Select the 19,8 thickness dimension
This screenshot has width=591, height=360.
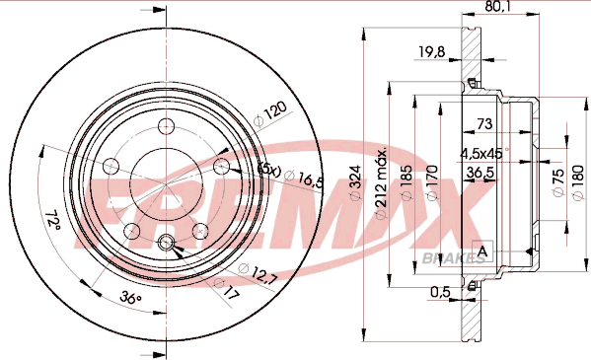(x=432, y=50)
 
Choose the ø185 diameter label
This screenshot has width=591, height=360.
(x=407, y=182)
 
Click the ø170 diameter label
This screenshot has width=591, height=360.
(x=432, y=182)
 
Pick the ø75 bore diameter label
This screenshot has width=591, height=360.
(x=558, y=181)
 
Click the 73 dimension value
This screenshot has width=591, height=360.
(x=484, y=123)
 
